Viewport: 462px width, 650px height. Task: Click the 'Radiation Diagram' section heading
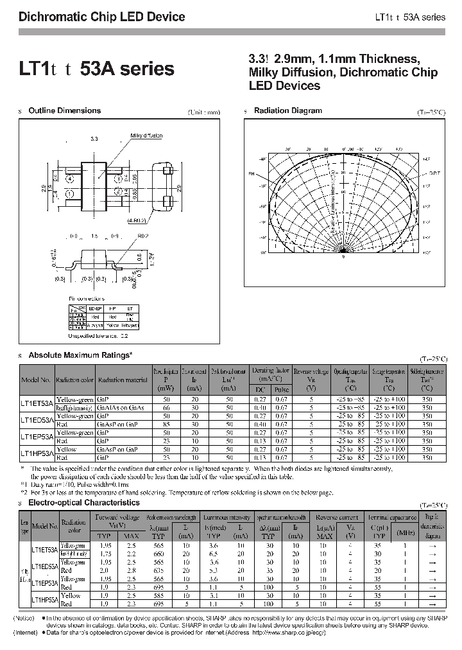tap(287, 111)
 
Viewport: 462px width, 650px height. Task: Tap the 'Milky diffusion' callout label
tap(146, 136)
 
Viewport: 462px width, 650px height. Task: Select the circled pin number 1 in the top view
tap(71, 193)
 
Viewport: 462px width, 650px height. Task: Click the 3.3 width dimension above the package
tap(94, 139)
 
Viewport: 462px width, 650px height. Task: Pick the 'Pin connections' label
tap(87, 299)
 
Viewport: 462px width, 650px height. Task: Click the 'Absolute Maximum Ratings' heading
tap(80, 355)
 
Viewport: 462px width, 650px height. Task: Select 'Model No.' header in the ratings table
tap(36, 380)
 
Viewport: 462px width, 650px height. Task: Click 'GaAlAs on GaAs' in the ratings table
tap(121, 408)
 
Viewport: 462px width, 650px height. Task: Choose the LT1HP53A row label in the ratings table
tap(38, 453)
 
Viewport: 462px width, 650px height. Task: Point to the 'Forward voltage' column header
tap(117, 516)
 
